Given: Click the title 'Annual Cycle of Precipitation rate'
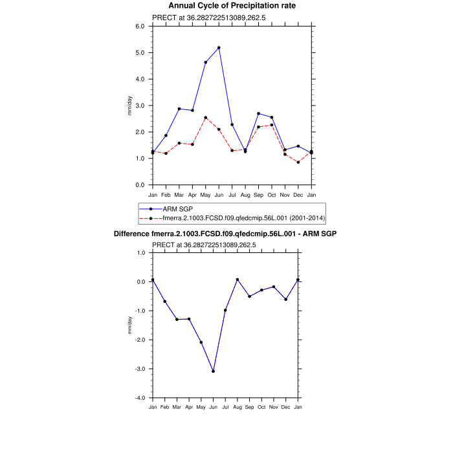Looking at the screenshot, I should [226, 6].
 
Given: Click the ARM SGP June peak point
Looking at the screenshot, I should [219, 48].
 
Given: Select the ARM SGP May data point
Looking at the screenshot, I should [206, 62].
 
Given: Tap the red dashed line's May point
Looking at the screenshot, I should [206, 118].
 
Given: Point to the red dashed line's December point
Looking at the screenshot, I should [298, 162].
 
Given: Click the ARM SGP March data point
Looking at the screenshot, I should [179, 109].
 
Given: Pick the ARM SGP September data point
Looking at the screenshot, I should [259, 113].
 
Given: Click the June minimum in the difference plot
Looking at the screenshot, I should [213, 371].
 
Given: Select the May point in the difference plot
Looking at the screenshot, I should [201, 342].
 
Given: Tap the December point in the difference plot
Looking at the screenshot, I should [285, 300].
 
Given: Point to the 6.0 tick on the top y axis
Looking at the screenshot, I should [139, 27].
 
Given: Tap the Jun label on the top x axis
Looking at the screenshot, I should [219, 194].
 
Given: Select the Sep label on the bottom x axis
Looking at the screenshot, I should [249, 406].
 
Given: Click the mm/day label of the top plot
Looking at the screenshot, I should [130, 105].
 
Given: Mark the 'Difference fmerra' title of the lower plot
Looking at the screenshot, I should [226, 233].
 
